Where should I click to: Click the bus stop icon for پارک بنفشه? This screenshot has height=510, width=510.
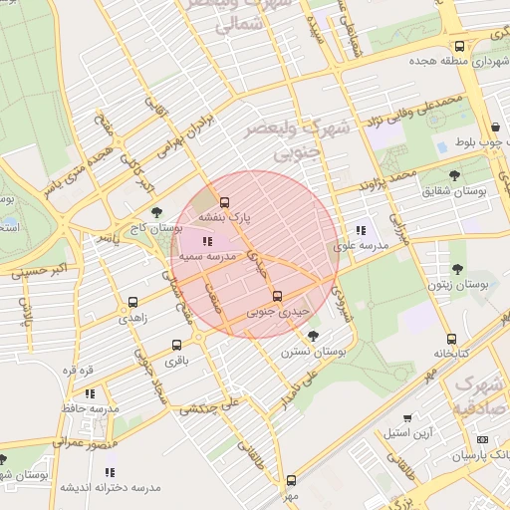coord(223,200)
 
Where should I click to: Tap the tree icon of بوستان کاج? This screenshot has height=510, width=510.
coord(156,211)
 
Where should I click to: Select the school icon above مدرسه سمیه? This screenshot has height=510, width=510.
coord(206,241)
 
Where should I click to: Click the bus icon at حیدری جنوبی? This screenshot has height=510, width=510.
coord(277,296)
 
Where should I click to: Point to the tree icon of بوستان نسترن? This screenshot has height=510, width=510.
coord(314,336)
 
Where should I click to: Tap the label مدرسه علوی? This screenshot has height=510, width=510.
coord(359,245)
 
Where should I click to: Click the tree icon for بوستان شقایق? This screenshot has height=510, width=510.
coord(454,175)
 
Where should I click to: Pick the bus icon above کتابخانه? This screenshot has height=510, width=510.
coord(452,339)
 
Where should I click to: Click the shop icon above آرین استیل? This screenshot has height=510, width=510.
coord(406,418)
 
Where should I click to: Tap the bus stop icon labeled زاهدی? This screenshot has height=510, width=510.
coord(132,303)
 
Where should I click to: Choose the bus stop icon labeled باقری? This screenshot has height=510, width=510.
coord(175,346)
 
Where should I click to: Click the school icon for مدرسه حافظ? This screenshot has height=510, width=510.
coord(90,394)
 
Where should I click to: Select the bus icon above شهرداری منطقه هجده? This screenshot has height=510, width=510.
coord(458,46)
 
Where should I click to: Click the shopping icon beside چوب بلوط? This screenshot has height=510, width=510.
coord(496,127)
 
